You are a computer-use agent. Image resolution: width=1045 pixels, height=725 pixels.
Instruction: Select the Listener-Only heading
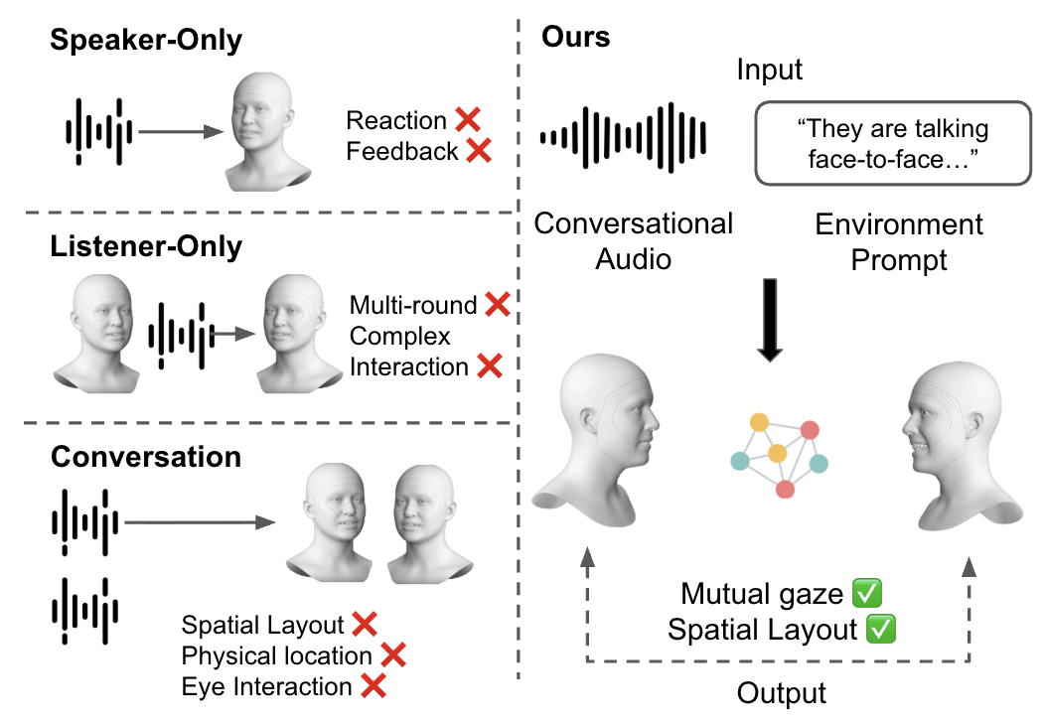(146, 246)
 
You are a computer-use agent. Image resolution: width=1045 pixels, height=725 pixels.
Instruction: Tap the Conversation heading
(146, 457)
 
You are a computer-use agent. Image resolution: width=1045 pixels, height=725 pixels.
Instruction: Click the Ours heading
(576, 39)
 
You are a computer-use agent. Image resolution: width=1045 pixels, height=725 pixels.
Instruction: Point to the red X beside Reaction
(468, 120)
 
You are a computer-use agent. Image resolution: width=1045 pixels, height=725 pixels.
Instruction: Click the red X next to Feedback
(479, 151)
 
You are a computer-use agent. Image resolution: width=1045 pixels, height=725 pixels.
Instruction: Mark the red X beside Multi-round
(497, 305)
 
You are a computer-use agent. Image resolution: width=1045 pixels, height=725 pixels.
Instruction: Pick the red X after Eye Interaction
(373, 686)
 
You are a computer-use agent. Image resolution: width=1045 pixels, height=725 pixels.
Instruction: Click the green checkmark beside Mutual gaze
(867, 595)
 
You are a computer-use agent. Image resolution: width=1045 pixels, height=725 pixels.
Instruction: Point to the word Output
(782, 692)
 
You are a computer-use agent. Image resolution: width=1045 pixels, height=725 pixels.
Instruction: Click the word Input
(770, 71)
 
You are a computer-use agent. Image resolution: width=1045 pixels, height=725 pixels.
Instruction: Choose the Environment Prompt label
(899, 242)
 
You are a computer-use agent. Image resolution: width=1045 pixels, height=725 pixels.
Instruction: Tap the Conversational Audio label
(634, 241)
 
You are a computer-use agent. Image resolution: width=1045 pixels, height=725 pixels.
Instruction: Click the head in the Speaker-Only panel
(267, 133)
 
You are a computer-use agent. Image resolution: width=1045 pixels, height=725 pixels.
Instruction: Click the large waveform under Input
(623, 135)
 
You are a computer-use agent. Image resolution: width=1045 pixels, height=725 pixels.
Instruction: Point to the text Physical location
(276, 655)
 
